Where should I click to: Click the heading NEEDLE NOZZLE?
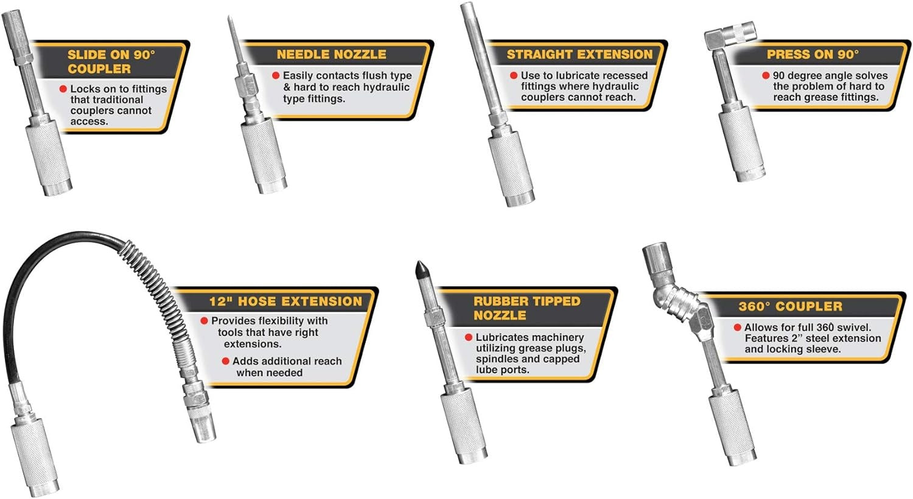pyautogui.click(x=331, y=54)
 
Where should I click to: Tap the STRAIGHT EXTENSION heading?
pyautogui.click(x=579, y=54)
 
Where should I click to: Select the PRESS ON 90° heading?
pyautogui.click(x=813, y=54)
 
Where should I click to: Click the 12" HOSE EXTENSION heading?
pyautogui.click(x=285, y=301)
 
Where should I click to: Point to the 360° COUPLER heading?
pyautogui.click(x=790, y=306)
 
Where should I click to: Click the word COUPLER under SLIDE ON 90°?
pyautogui.click(x=99, y=69)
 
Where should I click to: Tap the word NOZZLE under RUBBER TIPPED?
pyautogui.click(x=500, y=315)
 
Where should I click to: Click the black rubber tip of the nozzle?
pyautogui.click(x=421, y=270)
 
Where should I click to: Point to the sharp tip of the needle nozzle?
pyautogui.click(x=229, y=17)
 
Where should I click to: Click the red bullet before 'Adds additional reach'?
pyautogui.click(x=225, y=361)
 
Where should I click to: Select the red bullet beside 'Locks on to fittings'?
pyautogui.click(x=63, y=88)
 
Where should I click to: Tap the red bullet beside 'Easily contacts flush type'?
pyautogui.click(x=276, y=75)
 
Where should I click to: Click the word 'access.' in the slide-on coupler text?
pyautogui.click(x=89, y=122)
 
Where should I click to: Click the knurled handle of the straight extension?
pyautogui.click(x=511, y=168)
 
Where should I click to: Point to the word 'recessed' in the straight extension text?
pyautogui.click(x=624, y=76)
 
